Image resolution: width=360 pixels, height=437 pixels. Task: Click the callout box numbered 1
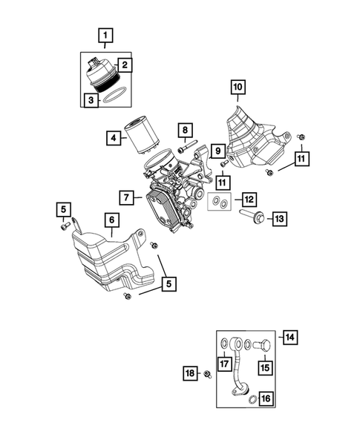[106, 35]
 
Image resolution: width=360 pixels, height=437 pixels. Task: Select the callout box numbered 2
[125, 65]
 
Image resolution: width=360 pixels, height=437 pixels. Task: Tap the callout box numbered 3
[90, 99]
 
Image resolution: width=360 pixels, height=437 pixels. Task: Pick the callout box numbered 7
[126, 197]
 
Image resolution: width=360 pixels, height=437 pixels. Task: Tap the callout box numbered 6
[111, 220]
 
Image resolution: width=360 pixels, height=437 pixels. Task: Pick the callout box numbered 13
[279, 219]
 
